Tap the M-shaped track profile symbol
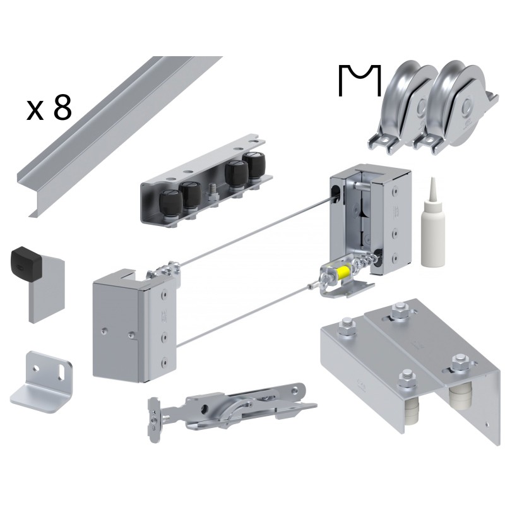pos(360,81)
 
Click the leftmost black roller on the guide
pos(171,205)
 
